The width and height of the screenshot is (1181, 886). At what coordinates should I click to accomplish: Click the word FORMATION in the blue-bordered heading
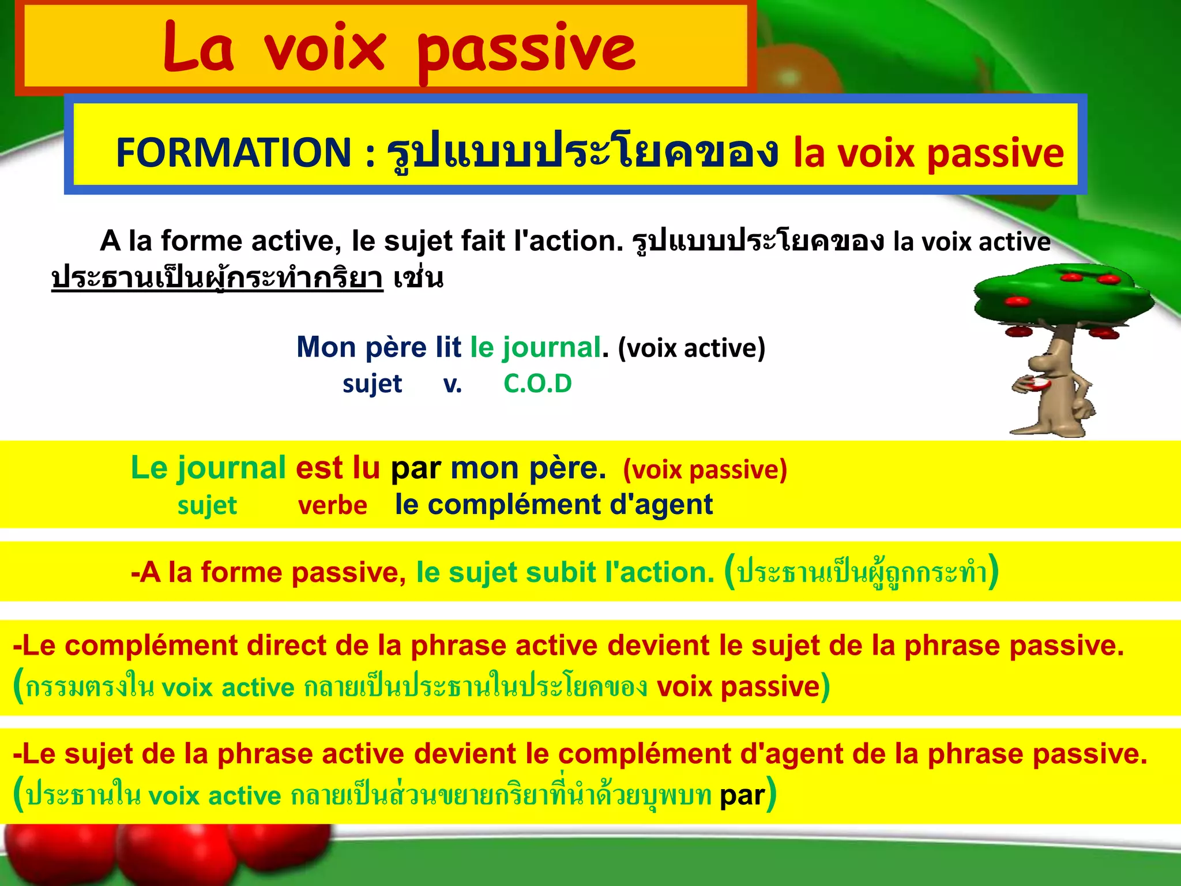233,153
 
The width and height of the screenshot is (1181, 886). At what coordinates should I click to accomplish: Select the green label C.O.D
537,384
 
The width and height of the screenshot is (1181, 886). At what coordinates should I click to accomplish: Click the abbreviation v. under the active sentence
453,384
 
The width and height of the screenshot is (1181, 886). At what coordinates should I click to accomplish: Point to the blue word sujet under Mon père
372,384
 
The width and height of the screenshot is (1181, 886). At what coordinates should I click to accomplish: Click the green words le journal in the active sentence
535,347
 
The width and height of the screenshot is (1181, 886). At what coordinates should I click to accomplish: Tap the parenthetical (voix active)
691,348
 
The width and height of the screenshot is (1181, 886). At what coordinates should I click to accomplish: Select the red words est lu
338,468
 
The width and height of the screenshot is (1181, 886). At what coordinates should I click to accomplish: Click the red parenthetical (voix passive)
705,470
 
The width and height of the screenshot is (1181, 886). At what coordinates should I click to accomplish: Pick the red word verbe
333,505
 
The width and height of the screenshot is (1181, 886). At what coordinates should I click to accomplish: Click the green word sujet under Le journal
207,506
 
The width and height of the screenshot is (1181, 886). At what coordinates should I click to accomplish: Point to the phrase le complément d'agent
554,505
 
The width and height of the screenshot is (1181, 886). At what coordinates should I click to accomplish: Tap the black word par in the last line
742,795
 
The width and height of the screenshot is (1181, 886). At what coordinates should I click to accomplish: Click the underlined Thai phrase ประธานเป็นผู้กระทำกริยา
217,278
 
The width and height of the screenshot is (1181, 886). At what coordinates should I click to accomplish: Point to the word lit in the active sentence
448,347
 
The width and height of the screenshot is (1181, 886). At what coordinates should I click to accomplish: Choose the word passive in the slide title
526,49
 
